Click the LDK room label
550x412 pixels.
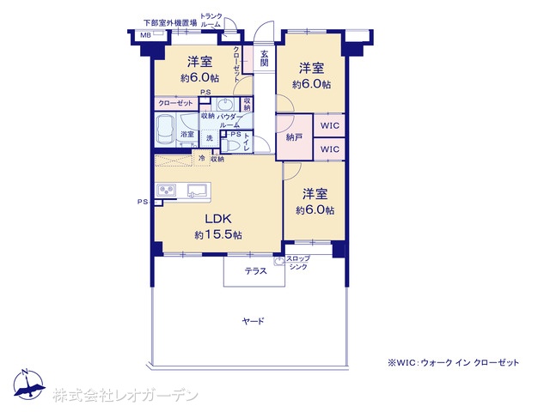[x=217, y=218]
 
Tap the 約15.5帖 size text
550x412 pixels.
[x=217, y=234]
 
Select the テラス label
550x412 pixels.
[x=254, y=271]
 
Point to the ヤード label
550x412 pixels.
[x=253, y=322]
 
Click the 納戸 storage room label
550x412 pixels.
[x=294, y=136]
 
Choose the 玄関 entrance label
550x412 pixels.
[x=264, y=59]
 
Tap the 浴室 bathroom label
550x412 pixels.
[x=186, y=134]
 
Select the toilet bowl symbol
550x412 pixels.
[x=231, y=148]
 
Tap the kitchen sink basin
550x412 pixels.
[x=197, y=190]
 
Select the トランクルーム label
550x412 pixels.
[x=211, y=21]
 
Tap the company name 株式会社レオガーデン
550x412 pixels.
[x=125, y=396]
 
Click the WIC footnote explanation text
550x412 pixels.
[x=453, y=363]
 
